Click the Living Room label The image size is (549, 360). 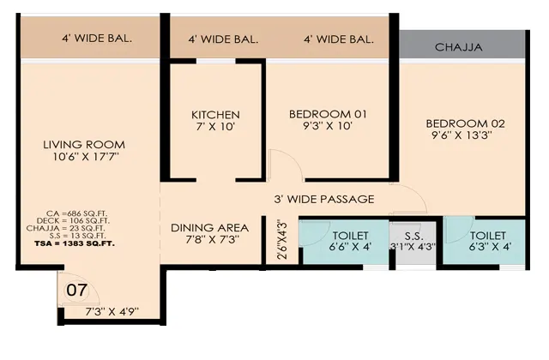(x=84, y=145)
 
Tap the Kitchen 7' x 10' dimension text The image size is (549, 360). (x=215, y=127)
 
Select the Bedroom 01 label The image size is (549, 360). (x=328, y=114)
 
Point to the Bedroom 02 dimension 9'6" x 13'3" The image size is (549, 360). (x=462, y=135)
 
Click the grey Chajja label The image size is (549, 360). (x=458, y=47)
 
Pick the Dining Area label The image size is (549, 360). (x=209, y=228)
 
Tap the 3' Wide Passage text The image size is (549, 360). (x=324, y=199)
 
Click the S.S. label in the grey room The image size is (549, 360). (x=413, y=236)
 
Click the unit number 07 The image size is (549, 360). (x=76, y=290)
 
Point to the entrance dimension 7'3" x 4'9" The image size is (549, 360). (x=112, y=311)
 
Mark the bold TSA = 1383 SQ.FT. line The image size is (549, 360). (x=75, y=243)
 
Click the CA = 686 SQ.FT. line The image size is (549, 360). (x=76, y=213)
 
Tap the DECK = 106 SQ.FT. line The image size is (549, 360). (x=73, y=221)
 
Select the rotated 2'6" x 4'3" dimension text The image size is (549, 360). (x=282, y=240)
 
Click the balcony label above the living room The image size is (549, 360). (x=97, y=38)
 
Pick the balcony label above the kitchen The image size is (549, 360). (x=223, y=39)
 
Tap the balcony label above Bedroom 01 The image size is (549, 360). (x=339, y=39)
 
